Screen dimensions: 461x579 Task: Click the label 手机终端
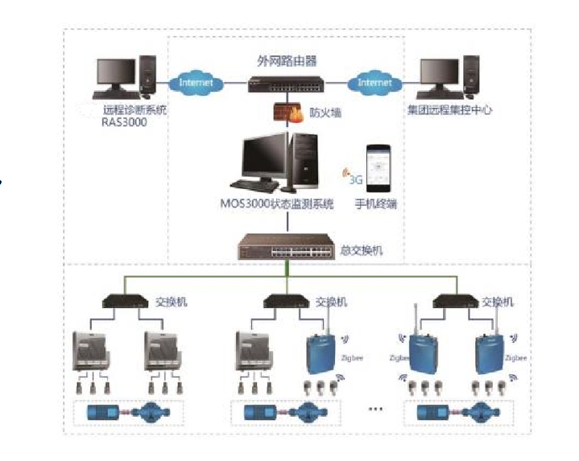pos(376,205)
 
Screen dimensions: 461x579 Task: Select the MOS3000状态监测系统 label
pos(283,205)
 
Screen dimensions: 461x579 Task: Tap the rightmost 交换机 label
pos(498,303)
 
